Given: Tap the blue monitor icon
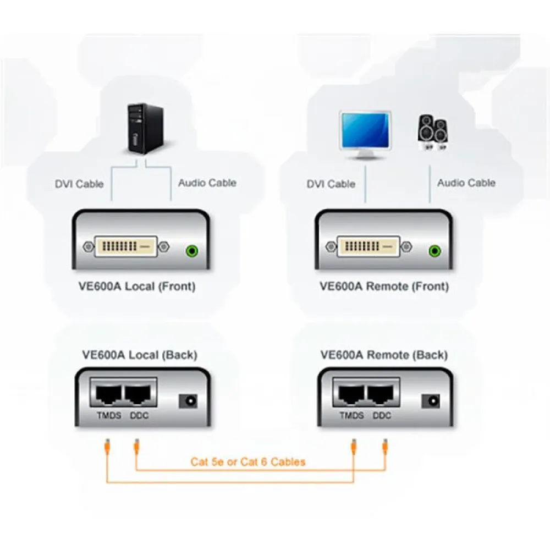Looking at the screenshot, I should (365, 132).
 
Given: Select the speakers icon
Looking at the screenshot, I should (432, 132).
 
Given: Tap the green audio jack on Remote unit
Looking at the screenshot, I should (435, 251).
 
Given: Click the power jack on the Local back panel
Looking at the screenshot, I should (189, 401).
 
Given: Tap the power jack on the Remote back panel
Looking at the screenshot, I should (431, 401).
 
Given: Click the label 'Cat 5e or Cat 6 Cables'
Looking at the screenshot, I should (248, 461).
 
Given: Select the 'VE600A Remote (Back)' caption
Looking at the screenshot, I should (384, 355).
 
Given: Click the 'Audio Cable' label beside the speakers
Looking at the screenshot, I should (466, 183).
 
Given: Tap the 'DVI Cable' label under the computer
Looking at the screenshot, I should (79, 184).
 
